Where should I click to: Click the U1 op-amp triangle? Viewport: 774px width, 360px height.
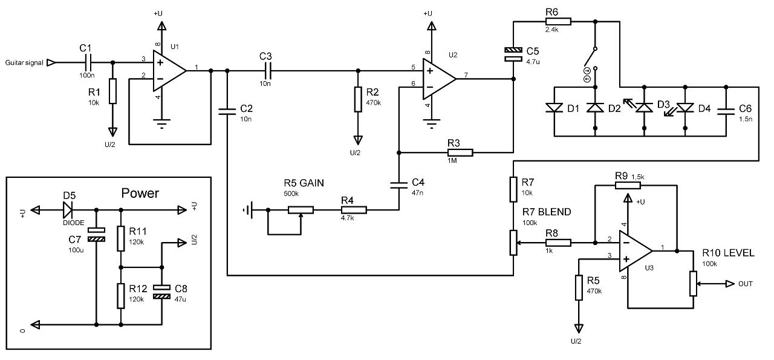pyautogui.click(x=169, y=71)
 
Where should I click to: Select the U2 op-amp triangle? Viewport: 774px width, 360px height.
pyautogui.click(x=439, y=79)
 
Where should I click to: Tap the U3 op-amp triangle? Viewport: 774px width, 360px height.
pyautogui.click(x=636, y=251)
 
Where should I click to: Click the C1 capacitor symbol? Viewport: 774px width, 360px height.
pyautogui.click(x=88, y=62)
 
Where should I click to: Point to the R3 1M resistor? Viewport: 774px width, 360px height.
pyautogui.click(x=460, y=152)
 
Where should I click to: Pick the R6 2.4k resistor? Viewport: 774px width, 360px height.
pyautogui.click(x=558, y=21)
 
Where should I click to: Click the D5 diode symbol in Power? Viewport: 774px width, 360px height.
pyautogui.click(x=68, y=209)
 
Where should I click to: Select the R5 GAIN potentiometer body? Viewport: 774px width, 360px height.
pyautogui.click(x=301, y=210)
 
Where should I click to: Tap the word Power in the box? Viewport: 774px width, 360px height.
pyautogui.click(x=140, y=193)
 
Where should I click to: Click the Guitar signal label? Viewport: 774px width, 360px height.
pyautogui.click(x=24, y=62)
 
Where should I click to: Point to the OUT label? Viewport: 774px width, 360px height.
pyautogui.click(x=746, y=284)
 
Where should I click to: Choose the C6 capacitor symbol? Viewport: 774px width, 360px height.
pyautogui.click(x=726, y=111)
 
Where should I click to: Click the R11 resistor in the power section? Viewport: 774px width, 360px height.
pyautogui.click(x=120, y=238)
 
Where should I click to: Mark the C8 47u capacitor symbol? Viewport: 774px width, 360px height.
pyautogui.click(x=161, y=292)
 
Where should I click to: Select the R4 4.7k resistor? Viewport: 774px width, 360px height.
pyautogui.click(x=354, y=210)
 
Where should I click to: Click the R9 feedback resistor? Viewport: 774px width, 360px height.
pyautogui.click(x=628, y=185)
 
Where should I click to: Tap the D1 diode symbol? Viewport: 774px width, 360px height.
pyautogui.click(x=554, y=108)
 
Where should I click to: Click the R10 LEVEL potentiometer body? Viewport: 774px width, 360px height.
pyautogui.click(x=693, y=284)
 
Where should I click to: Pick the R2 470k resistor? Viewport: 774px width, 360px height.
pyautogui.click(x=359, y=99)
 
